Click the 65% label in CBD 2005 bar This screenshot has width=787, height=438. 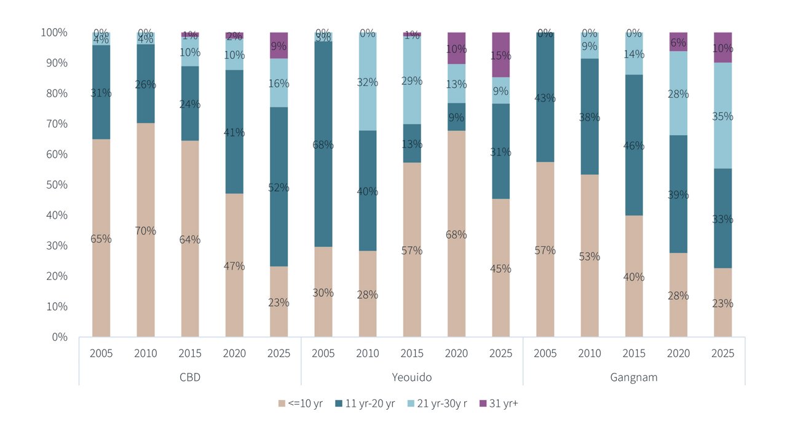click(101, 239)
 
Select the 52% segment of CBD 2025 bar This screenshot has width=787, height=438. click(279, 187)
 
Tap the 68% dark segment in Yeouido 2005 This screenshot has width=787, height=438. click(323, 144)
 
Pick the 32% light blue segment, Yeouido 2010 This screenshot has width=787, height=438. click(368, 81)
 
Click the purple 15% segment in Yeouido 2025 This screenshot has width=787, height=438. click(500, 55)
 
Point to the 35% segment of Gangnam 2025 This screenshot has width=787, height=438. click(722, 115)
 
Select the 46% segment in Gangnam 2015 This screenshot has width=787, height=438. click(634, 146)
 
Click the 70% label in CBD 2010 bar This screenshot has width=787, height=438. click(146, 231)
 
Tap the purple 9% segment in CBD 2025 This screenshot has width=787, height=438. click(279, 45)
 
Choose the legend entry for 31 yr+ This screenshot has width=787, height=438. click(499, 404)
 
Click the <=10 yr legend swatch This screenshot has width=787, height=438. click(282, 404)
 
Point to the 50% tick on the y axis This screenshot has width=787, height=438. click(55, 185)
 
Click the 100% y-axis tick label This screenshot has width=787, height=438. click(53, 32)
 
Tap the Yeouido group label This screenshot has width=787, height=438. click(412, 377)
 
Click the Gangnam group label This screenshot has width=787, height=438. click(634, 377)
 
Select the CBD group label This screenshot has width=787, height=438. click(190, 377)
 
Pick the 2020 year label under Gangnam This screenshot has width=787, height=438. click(678, 353)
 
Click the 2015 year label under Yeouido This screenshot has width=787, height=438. click(412, 353)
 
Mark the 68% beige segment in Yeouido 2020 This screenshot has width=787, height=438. click(456, 234)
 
